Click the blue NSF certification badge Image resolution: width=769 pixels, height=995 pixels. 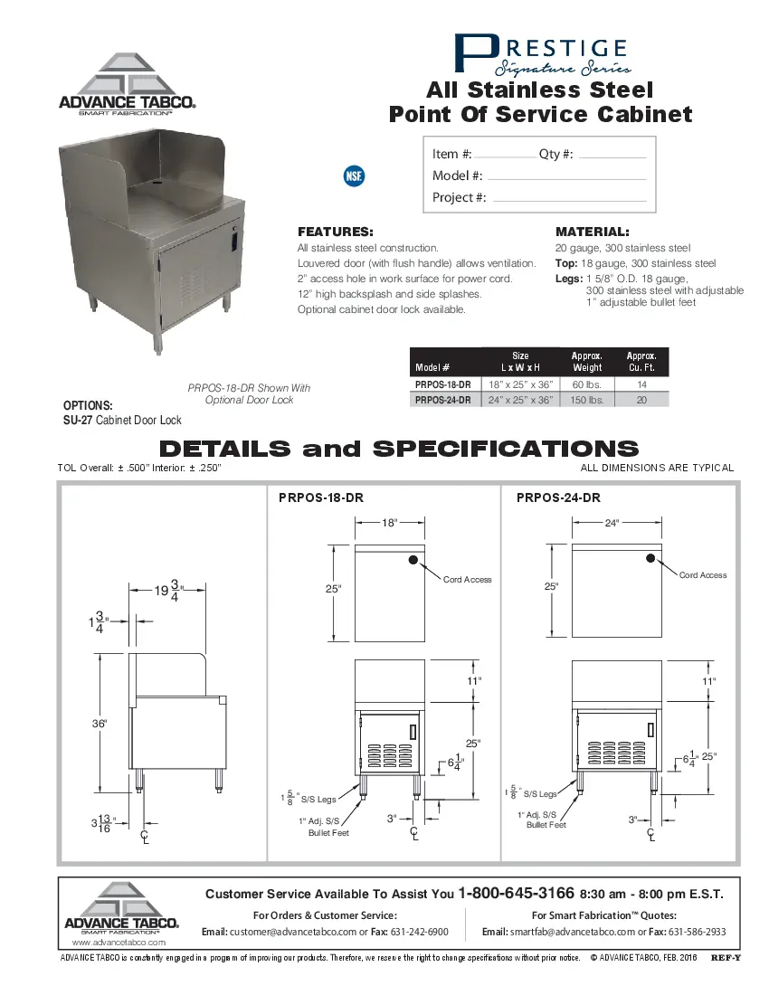point(354,175)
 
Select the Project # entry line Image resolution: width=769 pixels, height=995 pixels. point(568,200)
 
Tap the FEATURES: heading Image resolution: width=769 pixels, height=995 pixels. point(335,232)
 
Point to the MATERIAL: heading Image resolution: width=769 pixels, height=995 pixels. point(592,232)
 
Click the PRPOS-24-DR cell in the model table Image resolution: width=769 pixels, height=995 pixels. point(442,399)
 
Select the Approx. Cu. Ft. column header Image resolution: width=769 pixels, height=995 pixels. point(641,362)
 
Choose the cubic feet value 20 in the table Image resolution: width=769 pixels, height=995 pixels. point(641,399)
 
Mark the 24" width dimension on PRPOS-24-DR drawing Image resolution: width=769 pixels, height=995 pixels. point(612,523)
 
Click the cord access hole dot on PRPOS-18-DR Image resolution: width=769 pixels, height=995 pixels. point(413,560)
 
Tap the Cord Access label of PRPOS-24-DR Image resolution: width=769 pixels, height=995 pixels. point(702,575)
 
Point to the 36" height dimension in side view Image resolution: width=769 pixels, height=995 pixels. point(100,724)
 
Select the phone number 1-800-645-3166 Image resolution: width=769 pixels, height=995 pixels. point(516,894)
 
